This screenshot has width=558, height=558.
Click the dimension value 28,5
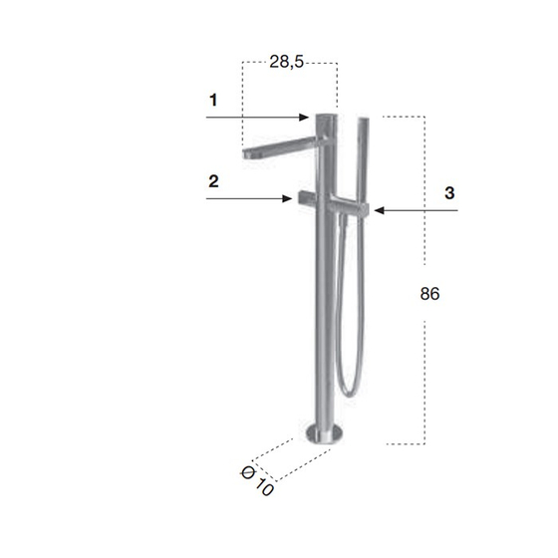pyautogui.click(x=287, y=62)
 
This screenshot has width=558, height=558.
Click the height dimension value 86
pyautogui.click(x=429, y=294)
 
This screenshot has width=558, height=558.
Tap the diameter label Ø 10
pyautogui.click(x=258, y=482)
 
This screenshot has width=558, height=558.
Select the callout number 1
pyautogui.click(x=213, y=100)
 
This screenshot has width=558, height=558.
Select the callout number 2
pyautogui.click(x=213, y=181)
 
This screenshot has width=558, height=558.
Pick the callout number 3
pyautogui.click(x=449, y=193)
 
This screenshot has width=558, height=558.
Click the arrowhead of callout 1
pyautogui.click(x=304, y=118)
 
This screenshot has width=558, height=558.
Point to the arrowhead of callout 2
pyautogui.click(x=287, y=198)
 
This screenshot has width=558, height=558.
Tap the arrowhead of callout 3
pyautogui.click(x=380, y=210)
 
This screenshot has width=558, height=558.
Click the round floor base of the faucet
pyautogui.click(x=325, y=434)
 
